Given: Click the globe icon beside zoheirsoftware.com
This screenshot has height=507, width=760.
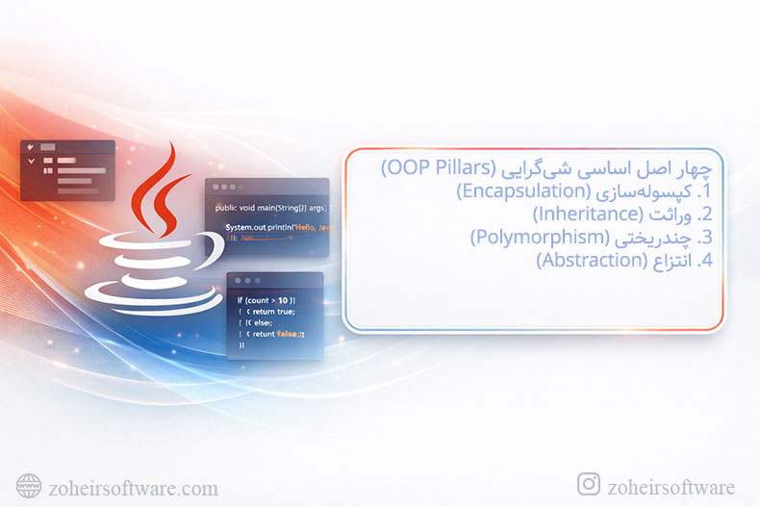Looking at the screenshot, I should [29, 487].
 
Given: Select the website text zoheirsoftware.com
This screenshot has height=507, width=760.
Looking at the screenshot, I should [133, 488].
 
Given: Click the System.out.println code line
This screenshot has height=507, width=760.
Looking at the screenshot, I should [277, 227].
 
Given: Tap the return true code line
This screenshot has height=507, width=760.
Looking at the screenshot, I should [270, 312].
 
